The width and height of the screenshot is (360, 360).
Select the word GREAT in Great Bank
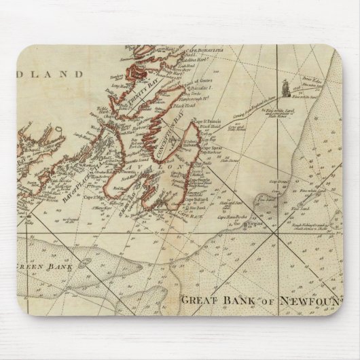[202, 300]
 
